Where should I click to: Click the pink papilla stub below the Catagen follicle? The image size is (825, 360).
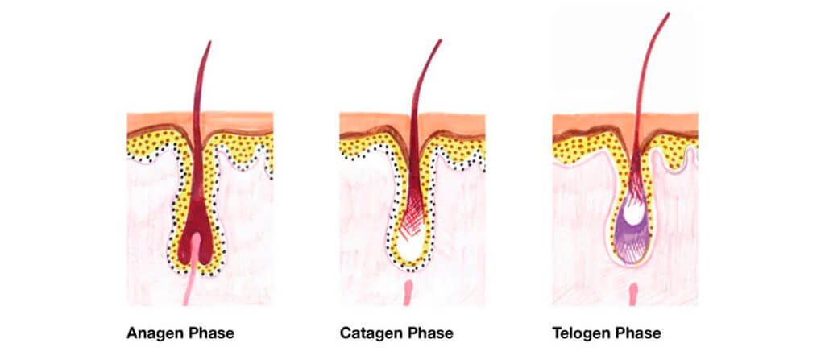click(408, 293)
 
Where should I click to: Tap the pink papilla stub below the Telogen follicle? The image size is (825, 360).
click(633, 295)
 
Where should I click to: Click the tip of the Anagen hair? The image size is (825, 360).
click(210, 42)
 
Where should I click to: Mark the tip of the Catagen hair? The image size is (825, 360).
click(441, 40)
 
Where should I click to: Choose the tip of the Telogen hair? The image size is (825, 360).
click(669, 14)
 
